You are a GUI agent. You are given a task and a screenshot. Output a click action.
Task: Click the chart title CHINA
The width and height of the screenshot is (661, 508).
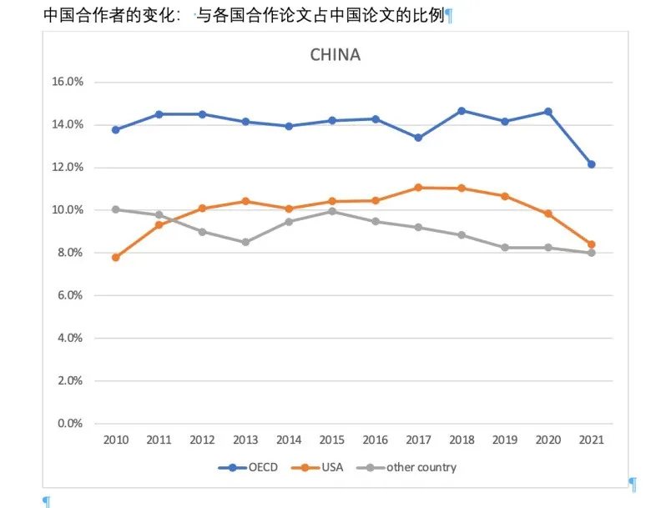(x=335, y=55)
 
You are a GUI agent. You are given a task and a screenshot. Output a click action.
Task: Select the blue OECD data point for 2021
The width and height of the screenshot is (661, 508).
(x=591, y=164)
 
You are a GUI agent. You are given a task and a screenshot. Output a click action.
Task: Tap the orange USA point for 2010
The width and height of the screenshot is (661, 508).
(x=115, y=258)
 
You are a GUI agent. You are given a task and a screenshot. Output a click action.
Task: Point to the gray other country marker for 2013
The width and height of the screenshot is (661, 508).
(x=245, y=243)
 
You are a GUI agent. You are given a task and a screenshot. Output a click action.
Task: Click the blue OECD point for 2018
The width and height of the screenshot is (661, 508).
(x=462, y=111)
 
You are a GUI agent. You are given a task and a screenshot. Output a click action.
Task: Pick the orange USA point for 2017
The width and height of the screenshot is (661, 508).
(x=418, y=188)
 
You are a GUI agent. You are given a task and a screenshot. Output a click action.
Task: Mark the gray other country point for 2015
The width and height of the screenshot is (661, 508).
(x=331, y=211)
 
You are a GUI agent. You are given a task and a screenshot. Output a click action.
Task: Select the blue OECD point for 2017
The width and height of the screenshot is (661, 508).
(x=418, y=138)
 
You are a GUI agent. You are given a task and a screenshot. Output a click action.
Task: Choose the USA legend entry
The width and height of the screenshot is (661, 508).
(x=316, y=467)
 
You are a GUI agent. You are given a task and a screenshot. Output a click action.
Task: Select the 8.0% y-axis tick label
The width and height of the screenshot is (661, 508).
(x=70, y=253)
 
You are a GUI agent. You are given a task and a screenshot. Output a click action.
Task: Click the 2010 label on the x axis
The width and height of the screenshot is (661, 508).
(x=115, y=440)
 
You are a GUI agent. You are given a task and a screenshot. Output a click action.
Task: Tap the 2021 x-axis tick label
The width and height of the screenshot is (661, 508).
(x=591, y=440)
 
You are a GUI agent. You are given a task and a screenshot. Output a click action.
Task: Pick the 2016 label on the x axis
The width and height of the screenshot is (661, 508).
(x=375, y=440)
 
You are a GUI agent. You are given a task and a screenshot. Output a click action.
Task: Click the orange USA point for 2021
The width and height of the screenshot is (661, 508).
(x=591, y=244)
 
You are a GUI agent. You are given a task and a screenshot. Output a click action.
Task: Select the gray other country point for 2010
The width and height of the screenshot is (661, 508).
(x=115, y=209)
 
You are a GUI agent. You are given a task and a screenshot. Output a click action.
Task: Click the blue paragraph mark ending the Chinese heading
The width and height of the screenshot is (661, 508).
(x=448, y=16)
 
